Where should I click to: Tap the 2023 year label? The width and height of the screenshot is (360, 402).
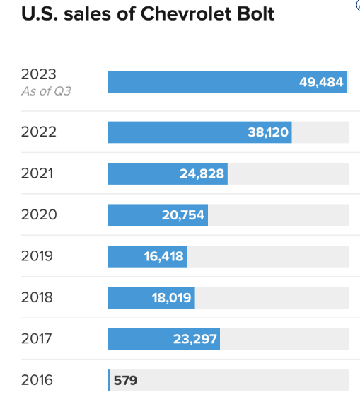38,75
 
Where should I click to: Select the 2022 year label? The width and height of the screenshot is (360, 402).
38,132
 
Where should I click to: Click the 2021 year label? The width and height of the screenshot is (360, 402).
38,173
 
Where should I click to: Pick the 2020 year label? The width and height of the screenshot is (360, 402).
38,214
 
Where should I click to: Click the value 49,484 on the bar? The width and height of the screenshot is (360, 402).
321,82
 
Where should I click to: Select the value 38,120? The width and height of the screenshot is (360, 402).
268,132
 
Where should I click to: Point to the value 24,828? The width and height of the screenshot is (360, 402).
202,173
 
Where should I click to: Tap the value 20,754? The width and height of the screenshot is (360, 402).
183,215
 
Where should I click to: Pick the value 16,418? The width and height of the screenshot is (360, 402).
163,256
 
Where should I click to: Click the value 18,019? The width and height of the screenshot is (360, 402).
171,298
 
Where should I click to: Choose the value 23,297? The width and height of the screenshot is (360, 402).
194,339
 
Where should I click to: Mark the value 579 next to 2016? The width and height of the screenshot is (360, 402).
125,381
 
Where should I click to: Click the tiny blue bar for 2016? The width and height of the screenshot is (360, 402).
109,380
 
